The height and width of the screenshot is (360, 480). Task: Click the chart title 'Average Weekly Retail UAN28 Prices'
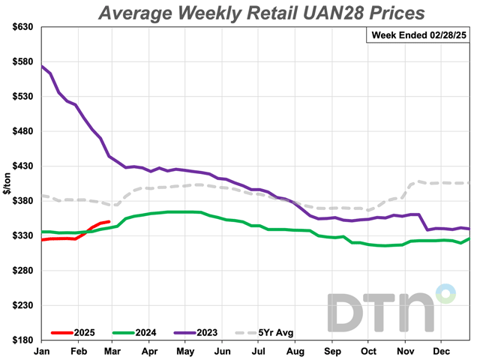tap(259, 13)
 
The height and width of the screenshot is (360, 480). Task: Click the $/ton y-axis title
tap(7, 183)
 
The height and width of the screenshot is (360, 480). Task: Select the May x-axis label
tap(185, 350)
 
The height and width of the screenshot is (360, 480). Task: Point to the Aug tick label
tap(295, 350)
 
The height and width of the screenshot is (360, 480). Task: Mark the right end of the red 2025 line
tap(110, 222)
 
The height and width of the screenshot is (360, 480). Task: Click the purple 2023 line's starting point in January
tap(42, 66)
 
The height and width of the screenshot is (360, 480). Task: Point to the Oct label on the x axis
tap(368, 350)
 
